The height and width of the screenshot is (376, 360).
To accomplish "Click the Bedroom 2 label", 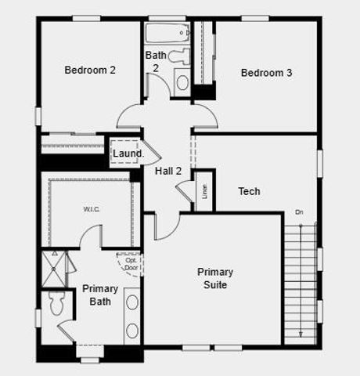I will coord(90,70).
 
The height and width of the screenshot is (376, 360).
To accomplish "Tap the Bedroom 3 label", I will coord(266,73).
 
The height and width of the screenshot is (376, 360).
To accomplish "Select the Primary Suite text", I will coord(214,278).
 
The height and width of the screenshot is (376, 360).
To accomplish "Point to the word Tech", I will coord(249,191).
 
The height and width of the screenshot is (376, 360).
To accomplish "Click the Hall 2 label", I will coord(168,171).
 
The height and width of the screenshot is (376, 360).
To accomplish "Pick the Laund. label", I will coord(128,154).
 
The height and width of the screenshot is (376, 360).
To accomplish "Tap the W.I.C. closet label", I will coord(92,209).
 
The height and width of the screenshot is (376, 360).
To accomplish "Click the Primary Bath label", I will coord(100,295).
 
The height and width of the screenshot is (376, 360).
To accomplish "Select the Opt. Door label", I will coord(131,264).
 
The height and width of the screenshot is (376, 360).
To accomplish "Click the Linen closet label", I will coord(204,191).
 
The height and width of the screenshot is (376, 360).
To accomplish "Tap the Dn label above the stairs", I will coord(299,212).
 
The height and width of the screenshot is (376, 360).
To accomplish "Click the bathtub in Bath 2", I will coord(167,34).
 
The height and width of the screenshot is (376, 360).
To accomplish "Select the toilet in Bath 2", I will coord(179,56).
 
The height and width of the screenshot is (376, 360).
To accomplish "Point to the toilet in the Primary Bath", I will coord(56,302).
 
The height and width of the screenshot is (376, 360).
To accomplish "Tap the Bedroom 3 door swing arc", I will coord(207,118).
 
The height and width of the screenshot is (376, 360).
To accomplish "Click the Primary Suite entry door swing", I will coord(167,226).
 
